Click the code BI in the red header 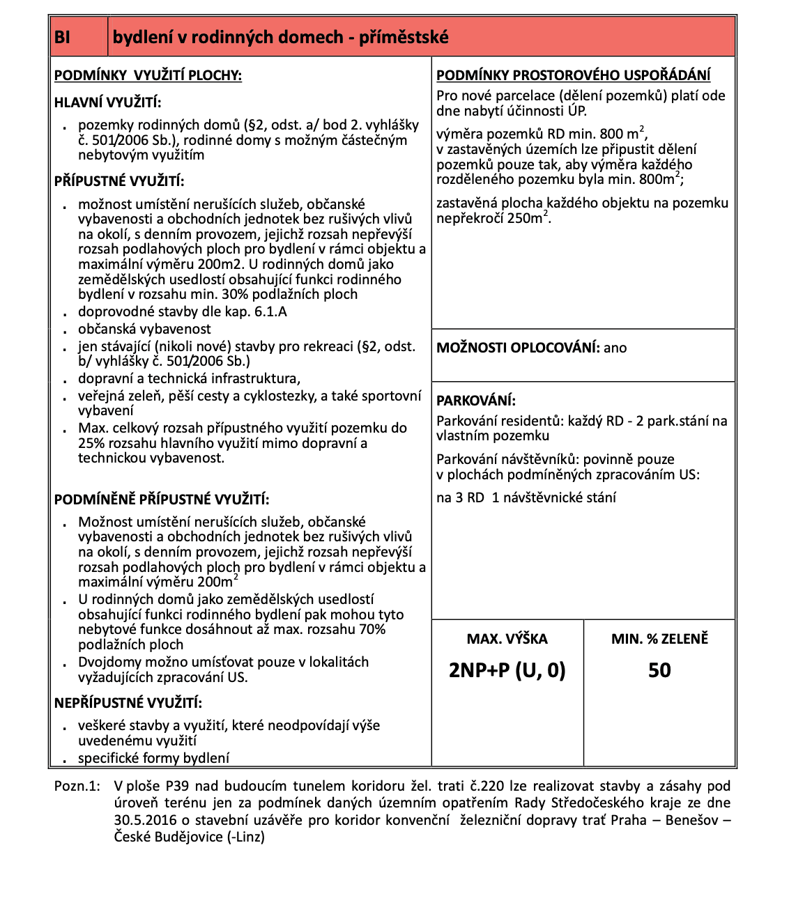point(63,37)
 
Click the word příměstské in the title point(404,37)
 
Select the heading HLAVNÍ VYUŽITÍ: point(107,103)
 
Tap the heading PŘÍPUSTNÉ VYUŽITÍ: point(119,181)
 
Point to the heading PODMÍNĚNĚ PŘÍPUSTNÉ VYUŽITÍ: point(162,500)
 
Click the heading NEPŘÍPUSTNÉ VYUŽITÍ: point(128,703)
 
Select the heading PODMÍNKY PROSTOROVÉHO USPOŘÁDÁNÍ point(574,75)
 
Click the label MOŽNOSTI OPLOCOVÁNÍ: point(518,348)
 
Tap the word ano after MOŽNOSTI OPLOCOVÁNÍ point(615,348)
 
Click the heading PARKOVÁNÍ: point(476,401)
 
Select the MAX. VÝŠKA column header point(507,639)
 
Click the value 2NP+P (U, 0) point(507,670)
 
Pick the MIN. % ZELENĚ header point(659,639)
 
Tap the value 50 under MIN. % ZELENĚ point(659,670)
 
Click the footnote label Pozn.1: point(77,786)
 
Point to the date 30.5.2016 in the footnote point(144,820)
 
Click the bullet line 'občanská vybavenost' point(144,329)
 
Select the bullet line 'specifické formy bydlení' point(153,758)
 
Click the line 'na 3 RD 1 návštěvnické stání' point(526,497)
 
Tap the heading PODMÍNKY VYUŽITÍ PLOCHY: point(148,75)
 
